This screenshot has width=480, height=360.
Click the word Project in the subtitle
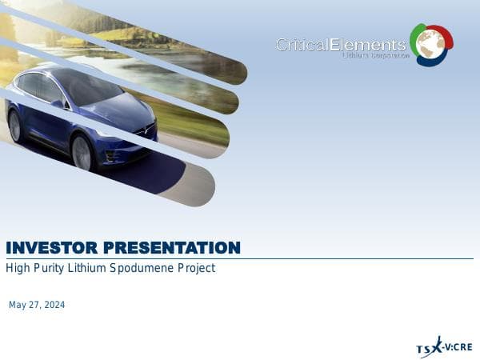point(195,269)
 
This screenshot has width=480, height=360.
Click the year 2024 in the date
point(54,306)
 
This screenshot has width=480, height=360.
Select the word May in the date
point(17,306)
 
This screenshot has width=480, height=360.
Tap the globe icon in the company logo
point(431,43)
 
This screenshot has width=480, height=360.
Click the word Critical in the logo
point(302,45)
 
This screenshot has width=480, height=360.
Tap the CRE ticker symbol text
point(462,348)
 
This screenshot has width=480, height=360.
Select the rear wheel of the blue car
point(14,126)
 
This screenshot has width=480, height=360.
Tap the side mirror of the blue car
point(58,103)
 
